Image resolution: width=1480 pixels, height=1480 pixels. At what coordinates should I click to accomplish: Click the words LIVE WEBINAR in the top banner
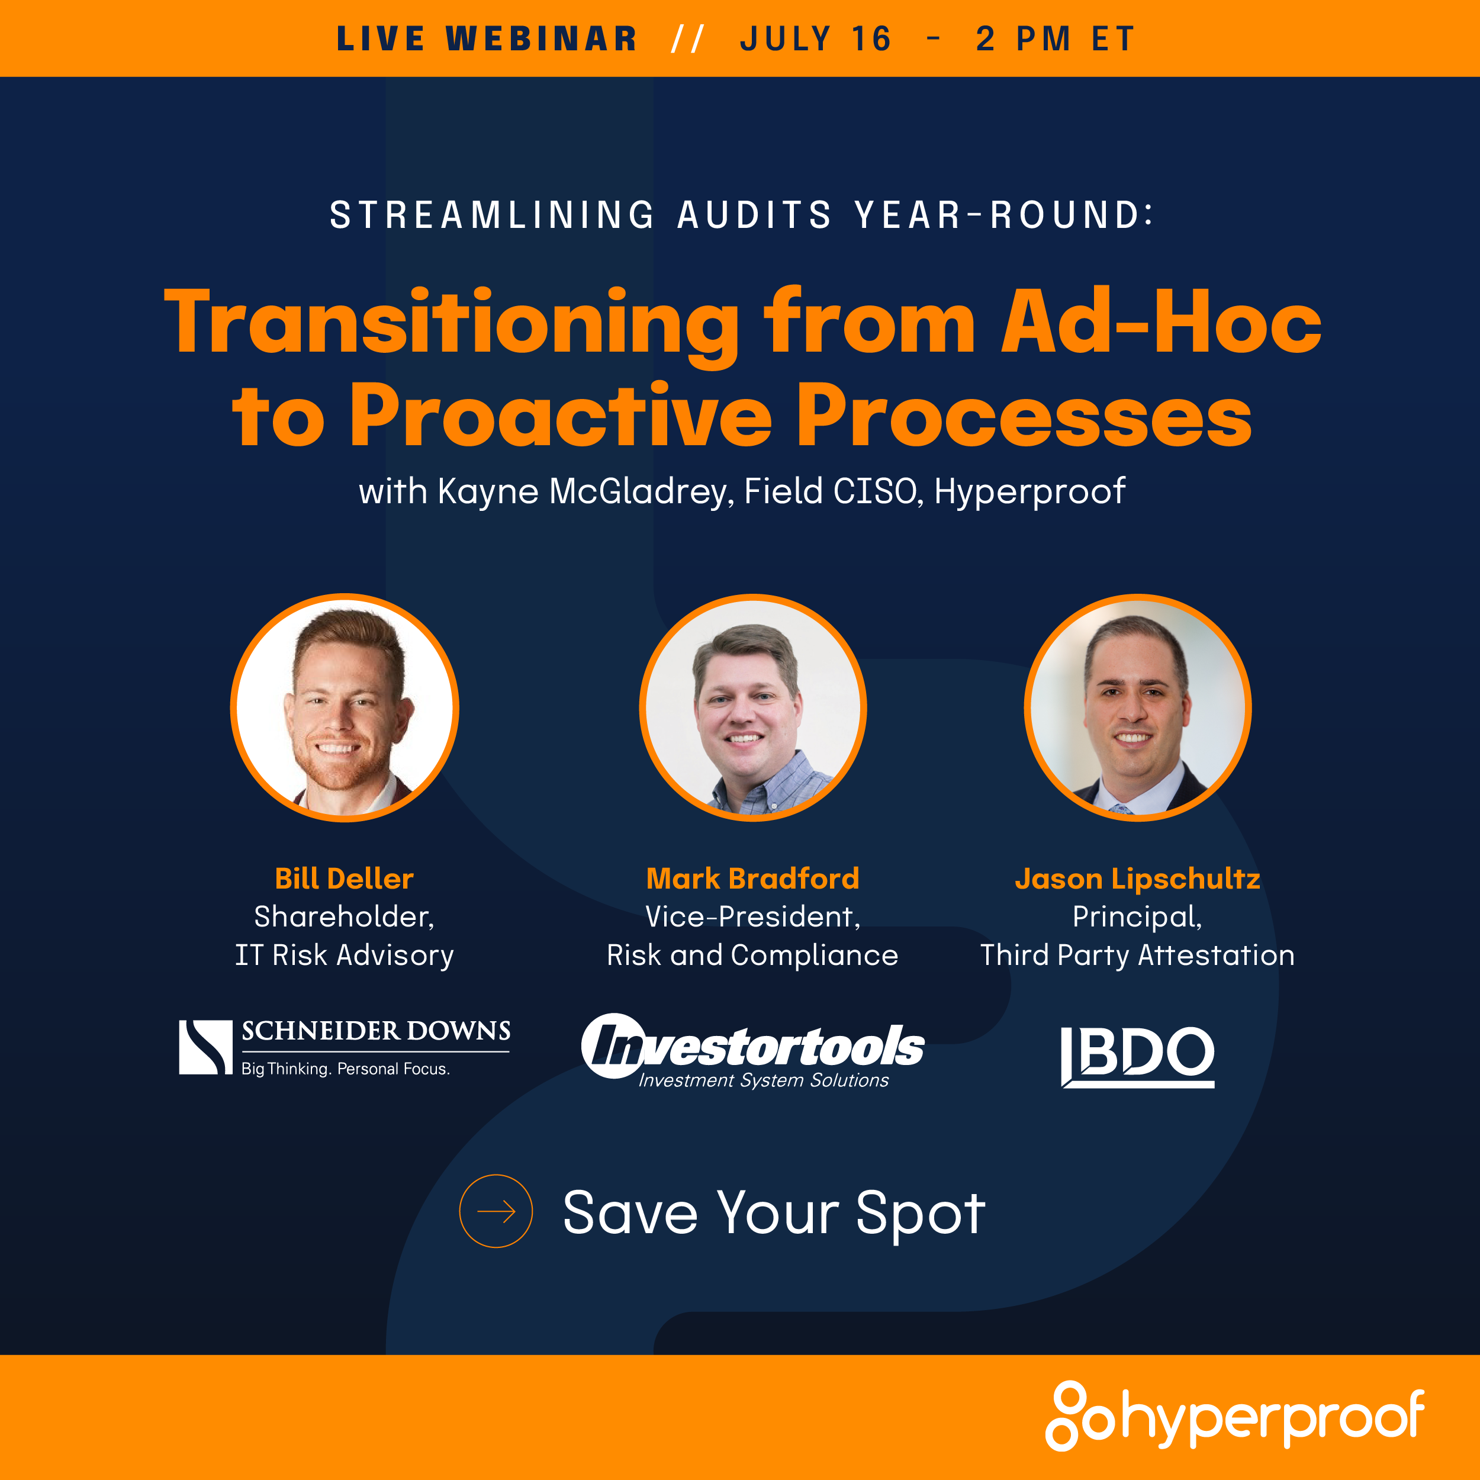tap(487, 39)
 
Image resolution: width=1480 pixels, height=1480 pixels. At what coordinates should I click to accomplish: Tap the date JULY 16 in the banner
tap(816, 39)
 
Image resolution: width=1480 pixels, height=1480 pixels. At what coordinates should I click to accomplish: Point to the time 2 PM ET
tap(1055, 39)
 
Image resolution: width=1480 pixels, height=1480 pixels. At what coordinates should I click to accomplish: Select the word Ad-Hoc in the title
tap(1162, 321)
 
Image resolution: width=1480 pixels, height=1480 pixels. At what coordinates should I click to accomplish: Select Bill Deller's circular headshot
tap(345, 707)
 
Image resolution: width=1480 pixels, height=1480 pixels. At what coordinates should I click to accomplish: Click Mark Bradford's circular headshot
tap(753, 707)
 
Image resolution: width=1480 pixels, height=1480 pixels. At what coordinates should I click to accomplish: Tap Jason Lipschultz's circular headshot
tap(1138, 707)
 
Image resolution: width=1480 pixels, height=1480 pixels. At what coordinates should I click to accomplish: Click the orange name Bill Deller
tap(344, 878)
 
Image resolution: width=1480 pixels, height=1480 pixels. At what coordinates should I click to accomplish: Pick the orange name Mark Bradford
tap(753, 878)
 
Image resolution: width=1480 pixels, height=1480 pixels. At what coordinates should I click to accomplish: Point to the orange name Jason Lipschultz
tap(1138, 879)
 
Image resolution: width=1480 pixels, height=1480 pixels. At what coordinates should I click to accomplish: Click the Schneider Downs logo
tap(345, 1047)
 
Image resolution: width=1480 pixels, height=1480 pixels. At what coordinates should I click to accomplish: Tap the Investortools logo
tap(753, 1050)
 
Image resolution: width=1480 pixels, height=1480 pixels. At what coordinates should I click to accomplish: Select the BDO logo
tap(1138, 1056)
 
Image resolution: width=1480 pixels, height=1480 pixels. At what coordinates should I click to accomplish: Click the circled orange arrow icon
tap(496, 1211)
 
